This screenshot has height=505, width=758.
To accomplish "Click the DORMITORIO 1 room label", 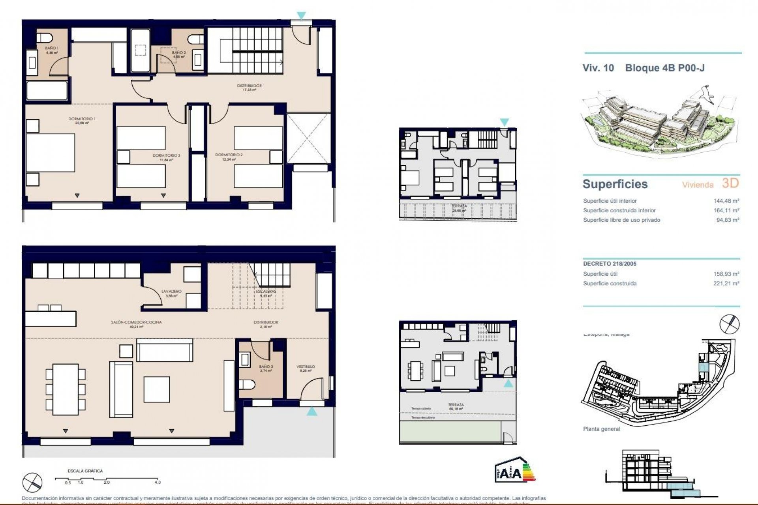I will click(82, 119).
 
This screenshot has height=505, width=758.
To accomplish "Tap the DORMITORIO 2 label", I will click(229, 155).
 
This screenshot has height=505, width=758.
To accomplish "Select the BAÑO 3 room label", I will click(266, 367).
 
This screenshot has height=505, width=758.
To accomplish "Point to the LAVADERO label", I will click(171, 292).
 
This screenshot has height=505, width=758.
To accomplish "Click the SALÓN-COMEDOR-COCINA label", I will click(136, 322).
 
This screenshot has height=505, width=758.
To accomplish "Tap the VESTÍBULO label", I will click(306, 367).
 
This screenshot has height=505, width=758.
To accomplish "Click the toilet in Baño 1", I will click(45, 38).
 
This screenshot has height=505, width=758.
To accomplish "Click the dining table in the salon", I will click(66, 389).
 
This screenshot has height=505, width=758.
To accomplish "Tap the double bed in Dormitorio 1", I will click(51, 153).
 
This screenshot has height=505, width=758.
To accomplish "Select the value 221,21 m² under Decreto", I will click(726, 283).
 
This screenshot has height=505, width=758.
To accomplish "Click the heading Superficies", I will click(615, 184).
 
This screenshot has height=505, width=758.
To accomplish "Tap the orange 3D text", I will click(730, 183).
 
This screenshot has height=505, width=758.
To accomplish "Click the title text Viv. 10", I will click(598, 68).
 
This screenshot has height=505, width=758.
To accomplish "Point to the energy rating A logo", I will click(514, 470).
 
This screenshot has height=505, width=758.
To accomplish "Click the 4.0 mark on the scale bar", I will click(158, 482).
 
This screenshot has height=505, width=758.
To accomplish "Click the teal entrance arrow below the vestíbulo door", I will click(311, 412).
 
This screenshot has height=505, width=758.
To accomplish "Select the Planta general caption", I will click(601, 429).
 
